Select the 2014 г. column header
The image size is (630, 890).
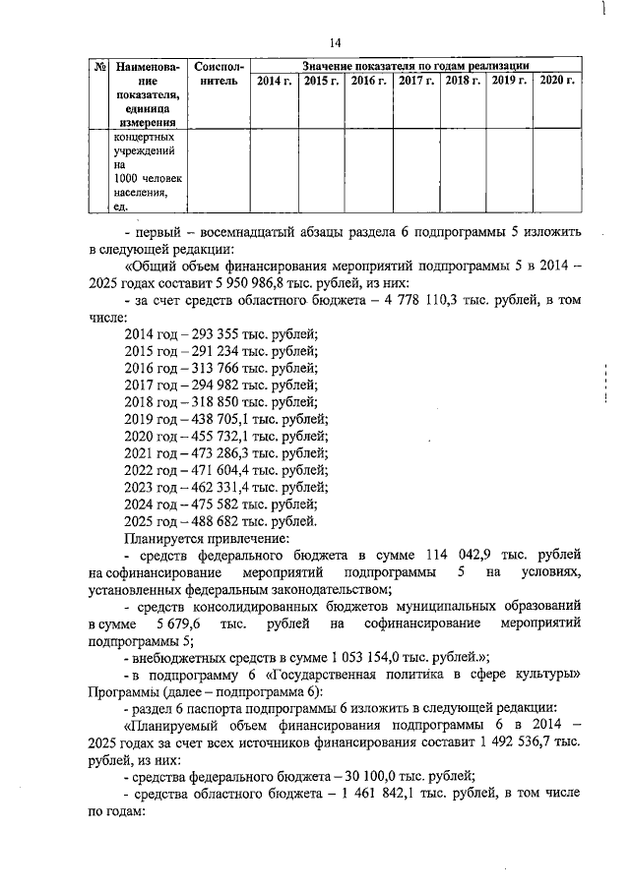[272, 80]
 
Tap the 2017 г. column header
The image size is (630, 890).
[416, 80]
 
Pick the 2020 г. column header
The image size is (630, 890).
[558, 80]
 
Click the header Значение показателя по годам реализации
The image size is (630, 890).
[414, 64]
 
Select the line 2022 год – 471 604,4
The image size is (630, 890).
[226, 470]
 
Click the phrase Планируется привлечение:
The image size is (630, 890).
[192, 538]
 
